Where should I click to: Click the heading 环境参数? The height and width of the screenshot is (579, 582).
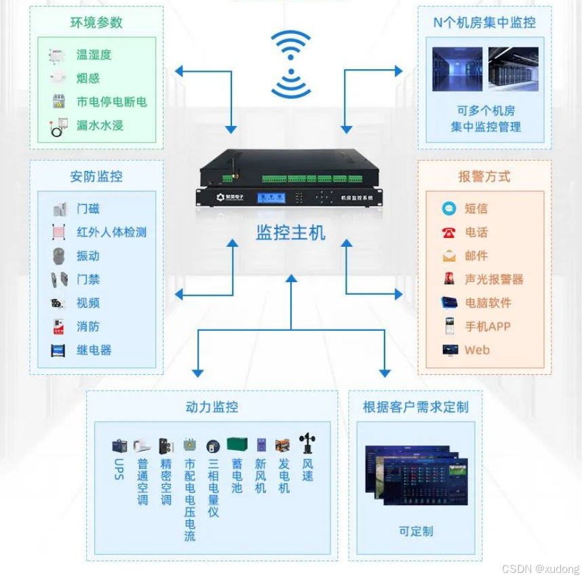point(96,22)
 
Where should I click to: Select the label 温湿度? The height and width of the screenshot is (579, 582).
point(94,55)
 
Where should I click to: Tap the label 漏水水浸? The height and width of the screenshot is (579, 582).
point(100,125)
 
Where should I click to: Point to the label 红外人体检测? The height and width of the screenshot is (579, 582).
point(111,232)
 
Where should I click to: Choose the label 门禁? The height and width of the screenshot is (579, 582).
point(88,279)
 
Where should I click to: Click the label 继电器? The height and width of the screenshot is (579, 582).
point(94,351)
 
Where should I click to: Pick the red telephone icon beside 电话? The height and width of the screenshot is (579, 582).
point(449,233)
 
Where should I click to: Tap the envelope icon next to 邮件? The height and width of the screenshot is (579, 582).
point(449,256)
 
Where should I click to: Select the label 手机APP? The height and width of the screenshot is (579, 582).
point(487,327)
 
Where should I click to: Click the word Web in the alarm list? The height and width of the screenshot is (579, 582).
point(477,351)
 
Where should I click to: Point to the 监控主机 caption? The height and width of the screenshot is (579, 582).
point(290,233)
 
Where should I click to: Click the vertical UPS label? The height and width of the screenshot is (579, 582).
point(119,468)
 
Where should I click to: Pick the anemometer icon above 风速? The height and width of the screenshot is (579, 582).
point(307,443)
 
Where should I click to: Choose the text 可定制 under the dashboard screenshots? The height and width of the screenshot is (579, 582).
point(416,531)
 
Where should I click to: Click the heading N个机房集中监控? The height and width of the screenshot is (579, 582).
point(484,22)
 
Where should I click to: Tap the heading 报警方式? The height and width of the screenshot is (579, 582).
point(484,177)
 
